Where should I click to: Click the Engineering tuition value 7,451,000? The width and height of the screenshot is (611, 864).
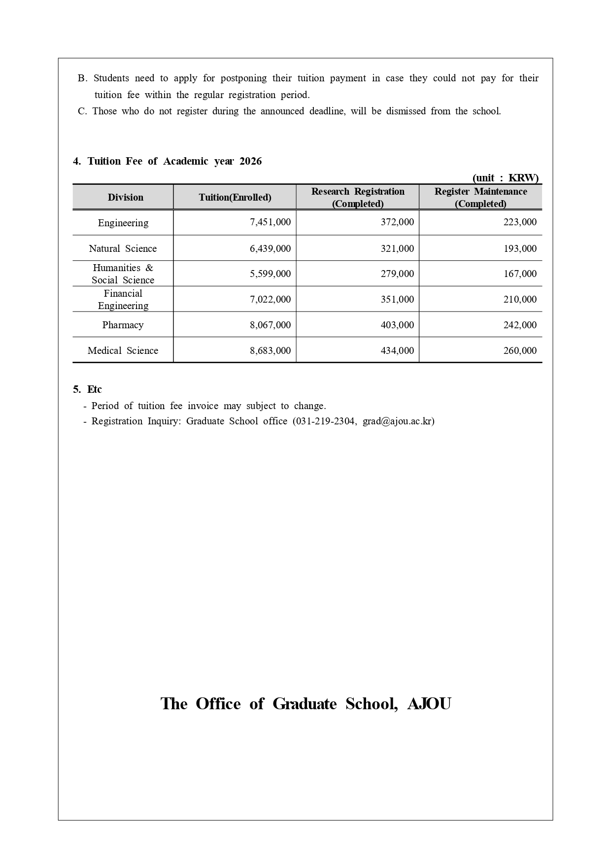tap(270, 222)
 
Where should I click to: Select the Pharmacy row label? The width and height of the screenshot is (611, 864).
tap(123, 325)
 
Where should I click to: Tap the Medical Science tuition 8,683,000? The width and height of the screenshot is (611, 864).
tap(270, 350)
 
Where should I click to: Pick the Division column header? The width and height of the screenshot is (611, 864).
tap(125, 197)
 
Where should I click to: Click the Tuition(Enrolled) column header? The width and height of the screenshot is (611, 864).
tap(235, 197)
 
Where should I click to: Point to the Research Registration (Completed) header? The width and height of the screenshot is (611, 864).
tap(358, 197)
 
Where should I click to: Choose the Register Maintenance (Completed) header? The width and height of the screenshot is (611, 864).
tap(480, 197)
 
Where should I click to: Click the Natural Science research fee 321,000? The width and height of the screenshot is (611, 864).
tap(397, 248)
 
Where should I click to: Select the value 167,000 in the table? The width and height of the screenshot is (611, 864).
tap(520, 274)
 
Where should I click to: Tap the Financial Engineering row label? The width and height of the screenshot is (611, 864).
tap(123, 299)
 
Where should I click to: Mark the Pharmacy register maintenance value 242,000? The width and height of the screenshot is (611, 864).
tap(520, 325)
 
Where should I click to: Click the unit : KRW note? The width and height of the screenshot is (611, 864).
tap(505, 178)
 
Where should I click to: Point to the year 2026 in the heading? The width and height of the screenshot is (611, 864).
tap(251, 161)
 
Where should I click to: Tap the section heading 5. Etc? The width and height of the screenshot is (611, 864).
tap(87, 389)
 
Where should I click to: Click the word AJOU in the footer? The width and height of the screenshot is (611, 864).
tap(429, 703)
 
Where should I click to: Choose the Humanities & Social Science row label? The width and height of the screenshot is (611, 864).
tap(123, 274)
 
